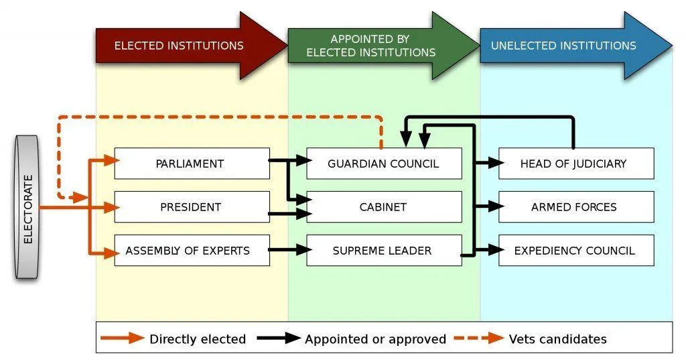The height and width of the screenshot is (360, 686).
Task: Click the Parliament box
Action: coord(192,164)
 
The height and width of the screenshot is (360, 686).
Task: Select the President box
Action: coord(192,207)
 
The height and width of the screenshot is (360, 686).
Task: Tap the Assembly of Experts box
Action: coord(192,251)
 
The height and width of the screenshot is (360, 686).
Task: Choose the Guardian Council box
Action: coord(384,164)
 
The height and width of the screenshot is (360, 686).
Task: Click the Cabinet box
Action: coord(384,207)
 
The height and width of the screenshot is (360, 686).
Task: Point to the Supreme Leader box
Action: coord(384,251)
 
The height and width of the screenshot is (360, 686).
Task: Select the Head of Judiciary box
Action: coord(576,164)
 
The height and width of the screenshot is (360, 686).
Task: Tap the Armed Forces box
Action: coord(576,207)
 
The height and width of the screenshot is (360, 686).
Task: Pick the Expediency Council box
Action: coord(576,251)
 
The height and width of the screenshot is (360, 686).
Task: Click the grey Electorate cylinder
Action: coord(27,206)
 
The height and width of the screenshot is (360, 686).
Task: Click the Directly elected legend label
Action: coord(198,339)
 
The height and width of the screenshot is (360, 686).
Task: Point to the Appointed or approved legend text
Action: coord(375,339)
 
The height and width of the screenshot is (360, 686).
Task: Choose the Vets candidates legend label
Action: coord(557,339)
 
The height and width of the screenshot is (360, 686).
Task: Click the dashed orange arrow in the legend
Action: coord(479,339)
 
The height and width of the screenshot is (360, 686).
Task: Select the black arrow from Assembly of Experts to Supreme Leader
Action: coord(288,251)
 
